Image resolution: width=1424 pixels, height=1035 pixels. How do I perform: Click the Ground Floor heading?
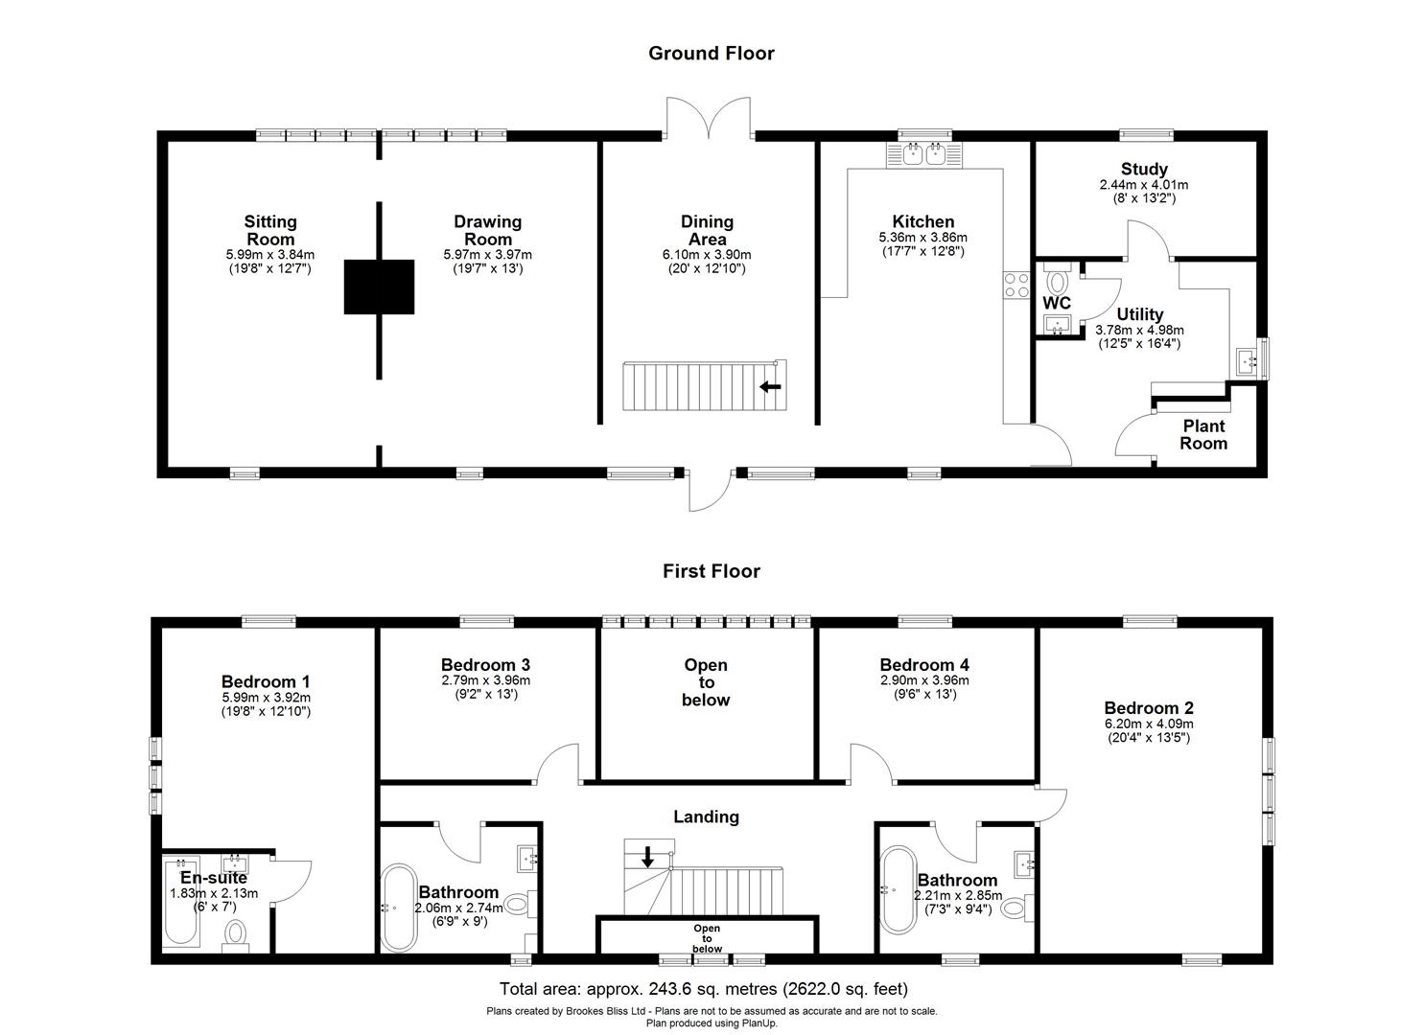[x=711, y=54]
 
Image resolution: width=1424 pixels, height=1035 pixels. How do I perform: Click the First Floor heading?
[x=711, y=571]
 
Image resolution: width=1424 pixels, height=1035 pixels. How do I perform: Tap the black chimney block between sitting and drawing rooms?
[x=379, y=287]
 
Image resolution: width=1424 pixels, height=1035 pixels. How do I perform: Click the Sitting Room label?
[x=269, y=231]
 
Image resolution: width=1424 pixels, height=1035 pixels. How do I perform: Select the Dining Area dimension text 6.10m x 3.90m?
[x=707, y=255]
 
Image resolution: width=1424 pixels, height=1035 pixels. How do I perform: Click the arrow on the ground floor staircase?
[x=770, y=386]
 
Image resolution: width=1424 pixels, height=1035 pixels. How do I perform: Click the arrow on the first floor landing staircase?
[x=647, y=857]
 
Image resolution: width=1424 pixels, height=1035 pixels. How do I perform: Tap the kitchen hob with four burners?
[x=1015, y=285]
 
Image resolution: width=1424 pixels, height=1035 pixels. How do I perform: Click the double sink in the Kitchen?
[x=924, y=153]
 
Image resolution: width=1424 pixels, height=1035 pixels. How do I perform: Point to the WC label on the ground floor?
[x=1056, y=303]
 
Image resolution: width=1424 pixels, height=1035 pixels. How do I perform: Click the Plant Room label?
[x=1202, y=434]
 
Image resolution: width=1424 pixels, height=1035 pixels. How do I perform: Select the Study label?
[x=1144, y=170]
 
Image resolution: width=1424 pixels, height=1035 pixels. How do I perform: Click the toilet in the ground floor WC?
[x=1058, y=281]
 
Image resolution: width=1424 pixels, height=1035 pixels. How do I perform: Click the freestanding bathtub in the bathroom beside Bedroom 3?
[x=396, y=907]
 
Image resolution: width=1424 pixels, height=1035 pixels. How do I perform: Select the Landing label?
[x=706, y=816]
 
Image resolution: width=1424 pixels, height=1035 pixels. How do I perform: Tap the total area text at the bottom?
[x=703, y=989]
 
